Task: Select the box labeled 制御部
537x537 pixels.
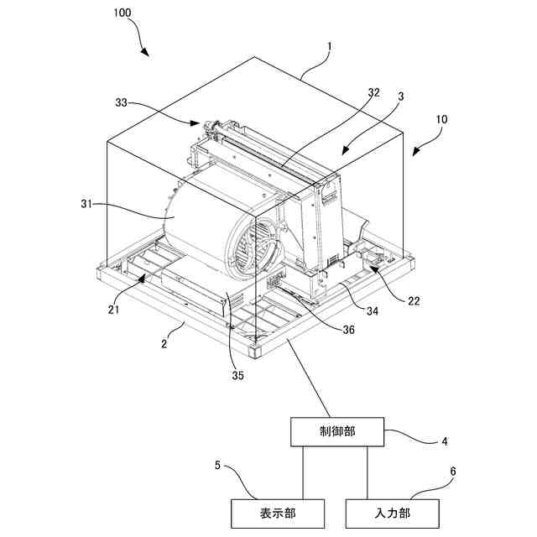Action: pos(337,432)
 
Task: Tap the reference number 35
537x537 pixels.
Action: pos(237,375)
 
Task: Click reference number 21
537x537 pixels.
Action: pos(113,310)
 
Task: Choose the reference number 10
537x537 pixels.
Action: pos(441,120)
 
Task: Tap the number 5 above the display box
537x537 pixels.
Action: pos(217,463)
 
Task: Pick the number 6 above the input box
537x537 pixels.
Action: pos(453,471)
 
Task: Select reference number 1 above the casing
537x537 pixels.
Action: pos(329,48)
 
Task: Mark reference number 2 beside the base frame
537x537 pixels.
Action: pos(164,342)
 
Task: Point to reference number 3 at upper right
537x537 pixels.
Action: pos(401,96)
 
